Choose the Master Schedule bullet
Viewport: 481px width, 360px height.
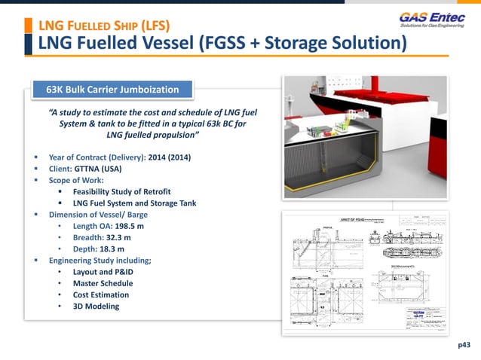click(x=103, y=283)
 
